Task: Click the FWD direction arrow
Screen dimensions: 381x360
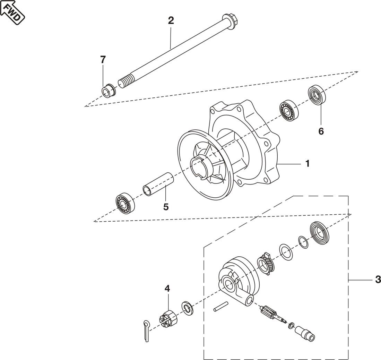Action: (12, 12)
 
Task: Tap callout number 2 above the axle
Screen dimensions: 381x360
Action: (171, 21)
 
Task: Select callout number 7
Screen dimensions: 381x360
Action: (103, 60)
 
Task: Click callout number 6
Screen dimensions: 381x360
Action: (321, 131)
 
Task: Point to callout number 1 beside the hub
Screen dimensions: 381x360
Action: (308, 164)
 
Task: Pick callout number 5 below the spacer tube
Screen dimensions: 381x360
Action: (166, 207)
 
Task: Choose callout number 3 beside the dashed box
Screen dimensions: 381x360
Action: (378, 280)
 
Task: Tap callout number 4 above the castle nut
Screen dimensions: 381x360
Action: (167, 289)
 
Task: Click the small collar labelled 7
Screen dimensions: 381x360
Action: (108, 91)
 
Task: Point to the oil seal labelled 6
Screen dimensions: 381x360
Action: (317, 95)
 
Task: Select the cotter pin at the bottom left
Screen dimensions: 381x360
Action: (147, 331)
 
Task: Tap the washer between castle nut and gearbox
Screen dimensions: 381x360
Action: (187, 308)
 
